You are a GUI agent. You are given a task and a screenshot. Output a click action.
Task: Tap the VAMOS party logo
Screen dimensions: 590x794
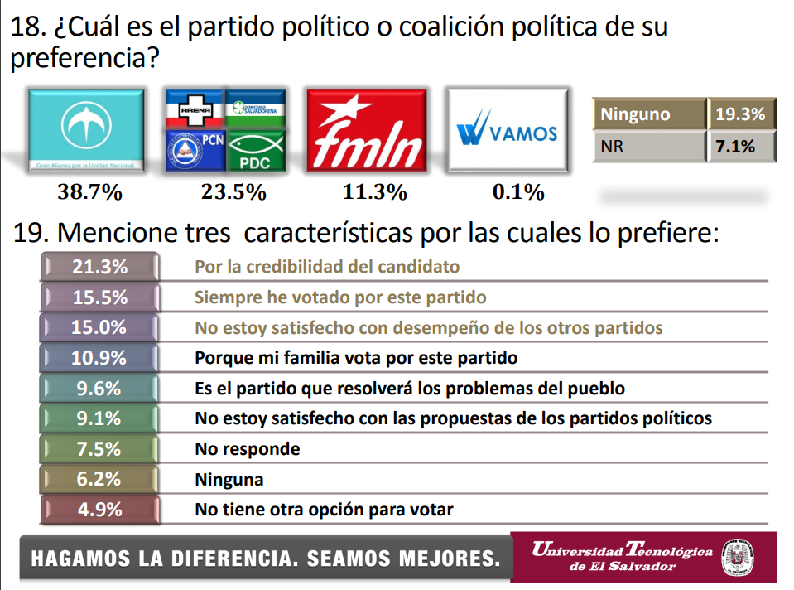pyautogui.click(x=507, y=132)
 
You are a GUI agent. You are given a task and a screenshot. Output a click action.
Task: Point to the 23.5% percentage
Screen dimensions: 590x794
pyautogui.click(x=233, y=193)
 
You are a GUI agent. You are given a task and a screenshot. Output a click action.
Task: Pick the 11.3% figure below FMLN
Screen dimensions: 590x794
pyautogui.click(x=374, y=193)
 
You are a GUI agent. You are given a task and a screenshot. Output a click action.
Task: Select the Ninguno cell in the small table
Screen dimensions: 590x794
pyautogui.click(x=648, y=114)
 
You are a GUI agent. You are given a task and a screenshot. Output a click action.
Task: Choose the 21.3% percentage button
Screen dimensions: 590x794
pyautogui.click(x=99, y=267)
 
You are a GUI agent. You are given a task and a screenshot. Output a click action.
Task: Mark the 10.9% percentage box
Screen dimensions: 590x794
pyautogui.click(x=99, y=358)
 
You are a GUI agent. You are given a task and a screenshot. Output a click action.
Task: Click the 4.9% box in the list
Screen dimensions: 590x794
pyautogui.click(x=99, y=509)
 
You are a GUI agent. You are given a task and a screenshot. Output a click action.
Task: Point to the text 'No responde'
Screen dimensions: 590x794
pyautogui.click(x=247, y=449)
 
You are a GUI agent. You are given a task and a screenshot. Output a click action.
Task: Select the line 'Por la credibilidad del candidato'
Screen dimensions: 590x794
pyautogui.click(x=327, y=267)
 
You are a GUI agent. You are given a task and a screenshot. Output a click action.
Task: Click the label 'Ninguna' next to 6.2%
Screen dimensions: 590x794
pyautogui.click(x=229, y=479)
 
